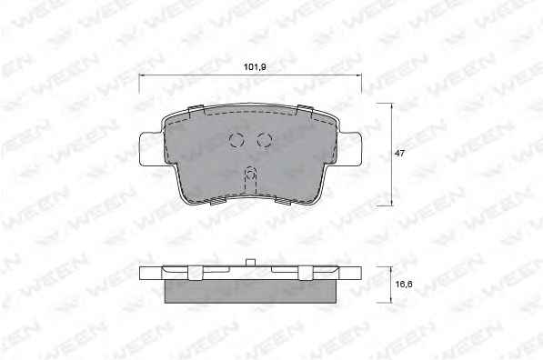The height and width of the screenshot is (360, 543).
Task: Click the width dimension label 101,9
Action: [255, 66]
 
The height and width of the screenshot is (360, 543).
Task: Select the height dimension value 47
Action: [399, 153]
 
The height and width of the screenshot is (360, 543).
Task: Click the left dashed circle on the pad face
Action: [236, 140]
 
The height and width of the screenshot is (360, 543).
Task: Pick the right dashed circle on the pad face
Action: [265, 140]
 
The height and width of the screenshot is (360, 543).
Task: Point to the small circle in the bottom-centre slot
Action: [250, 175]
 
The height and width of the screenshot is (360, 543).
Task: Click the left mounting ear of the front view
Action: [150, 149]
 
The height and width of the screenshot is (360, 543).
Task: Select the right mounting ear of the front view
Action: [350, 149]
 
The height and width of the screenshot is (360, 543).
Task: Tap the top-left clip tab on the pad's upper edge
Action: [196, 110]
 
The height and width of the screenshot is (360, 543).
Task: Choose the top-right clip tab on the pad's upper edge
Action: [305, 110]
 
